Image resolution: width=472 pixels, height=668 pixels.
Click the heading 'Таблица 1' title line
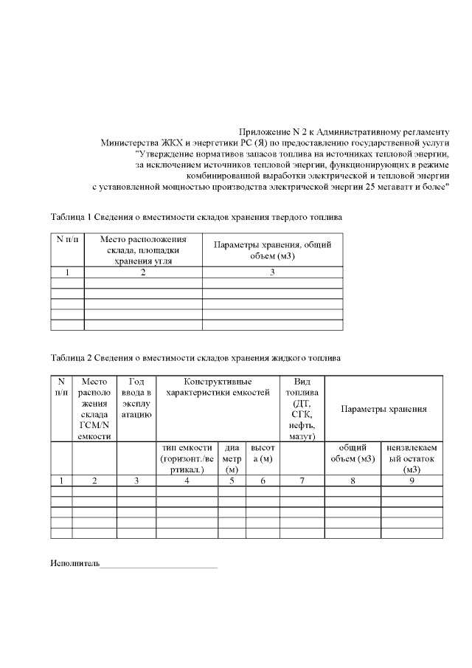pos(196,218)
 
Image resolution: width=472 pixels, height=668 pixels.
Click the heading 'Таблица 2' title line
pos(195,358)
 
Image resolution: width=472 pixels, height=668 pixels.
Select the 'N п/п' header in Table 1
pos(67,240)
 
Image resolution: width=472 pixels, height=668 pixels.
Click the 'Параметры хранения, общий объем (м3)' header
pos(272,250)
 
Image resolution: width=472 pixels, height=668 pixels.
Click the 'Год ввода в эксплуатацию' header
pos(136,399)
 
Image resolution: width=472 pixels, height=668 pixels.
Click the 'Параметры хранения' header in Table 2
pos(383,409)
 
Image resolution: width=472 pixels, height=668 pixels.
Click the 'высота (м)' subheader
pos(263,452)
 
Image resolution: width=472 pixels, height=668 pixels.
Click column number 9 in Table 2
pos(412,481)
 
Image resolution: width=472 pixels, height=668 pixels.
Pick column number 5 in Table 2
pos(232,481)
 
